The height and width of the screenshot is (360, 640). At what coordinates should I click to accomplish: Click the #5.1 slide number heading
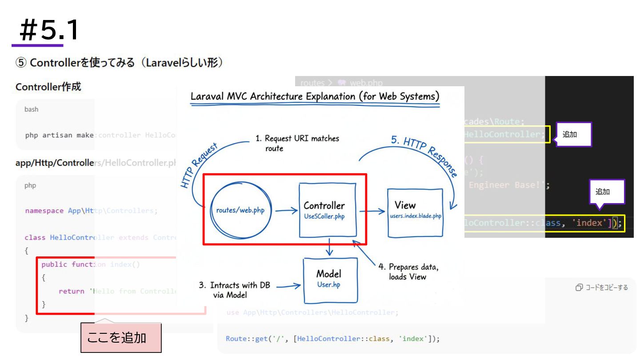click(x=46, y=30)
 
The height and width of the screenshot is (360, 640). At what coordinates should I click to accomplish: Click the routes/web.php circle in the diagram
click(x=240, y=210)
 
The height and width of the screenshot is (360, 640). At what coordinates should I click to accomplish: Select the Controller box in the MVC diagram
click(x=328, y=209)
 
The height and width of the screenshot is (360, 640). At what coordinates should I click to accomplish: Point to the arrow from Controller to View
click(x=372, y=211)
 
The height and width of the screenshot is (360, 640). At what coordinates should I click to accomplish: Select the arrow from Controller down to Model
click(x=329, y=247)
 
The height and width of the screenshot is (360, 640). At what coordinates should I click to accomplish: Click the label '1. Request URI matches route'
click(x=297, y=143)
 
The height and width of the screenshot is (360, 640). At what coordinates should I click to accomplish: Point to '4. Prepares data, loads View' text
click(x=408, y=272)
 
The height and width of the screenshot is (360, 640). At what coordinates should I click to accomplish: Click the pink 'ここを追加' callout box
click(x=121, y=338)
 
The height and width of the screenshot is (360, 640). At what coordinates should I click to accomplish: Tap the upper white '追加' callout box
click(x=574, y=134)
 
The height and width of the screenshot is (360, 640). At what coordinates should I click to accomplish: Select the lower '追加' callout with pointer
click(x=607, y=192)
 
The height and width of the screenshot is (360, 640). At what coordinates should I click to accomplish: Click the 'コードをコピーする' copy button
click(x=602, y=288)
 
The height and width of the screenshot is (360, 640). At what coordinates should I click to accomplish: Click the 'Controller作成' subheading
click(x=48, y=87)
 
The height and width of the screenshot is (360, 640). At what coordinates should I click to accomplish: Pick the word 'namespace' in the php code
click(x=44, y=211)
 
